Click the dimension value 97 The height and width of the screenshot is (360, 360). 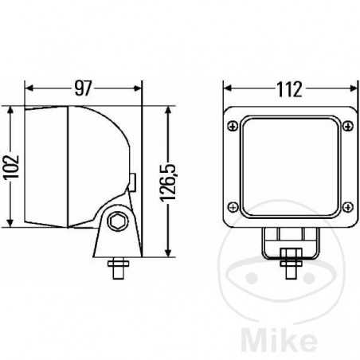(x=83, y=88)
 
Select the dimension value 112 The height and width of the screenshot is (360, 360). (x=289, y=89)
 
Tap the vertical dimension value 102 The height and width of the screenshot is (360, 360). (x=12, y=167)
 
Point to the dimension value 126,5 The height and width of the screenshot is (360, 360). (x=168, y=183)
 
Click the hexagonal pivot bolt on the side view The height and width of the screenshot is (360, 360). (x=118, y=221)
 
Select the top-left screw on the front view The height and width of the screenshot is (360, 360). (x=233, y=126)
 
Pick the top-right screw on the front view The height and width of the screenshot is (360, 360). (x=348, y=126)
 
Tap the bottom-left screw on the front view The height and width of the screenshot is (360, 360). (x=233, y=207)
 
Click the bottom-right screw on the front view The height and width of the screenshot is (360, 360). (x=348, y=207)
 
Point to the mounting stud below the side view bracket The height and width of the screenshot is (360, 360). (x=119, y=268)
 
